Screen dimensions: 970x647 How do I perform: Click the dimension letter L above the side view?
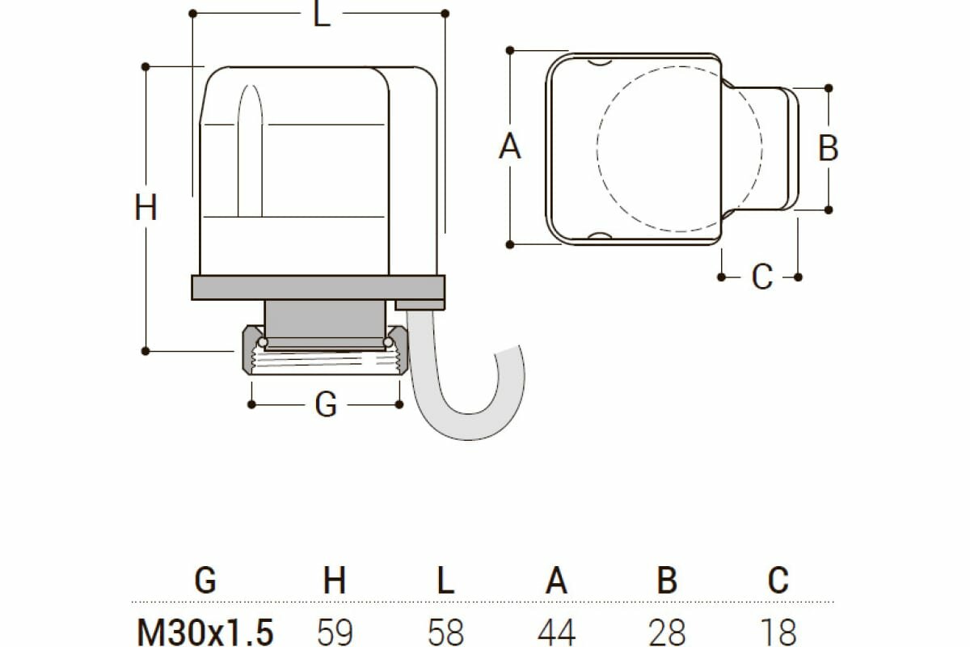(322, 15)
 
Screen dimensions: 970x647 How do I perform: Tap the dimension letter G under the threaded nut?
(325, 404)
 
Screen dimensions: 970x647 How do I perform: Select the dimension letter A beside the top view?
(510, 147)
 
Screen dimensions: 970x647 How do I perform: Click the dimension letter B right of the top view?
(828, 148)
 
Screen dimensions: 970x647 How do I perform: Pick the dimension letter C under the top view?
(761, 277)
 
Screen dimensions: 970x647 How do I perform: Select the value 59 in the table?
(334, 631)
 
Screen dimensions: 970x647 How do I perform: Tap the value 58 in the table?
(445, 631)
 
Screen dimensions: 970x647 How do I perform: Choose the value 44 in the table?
(556, 631)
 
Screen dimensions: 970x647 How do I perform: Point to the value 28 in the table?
(667, 631)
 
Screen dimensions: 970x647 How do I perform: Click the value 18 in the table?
(777, 631)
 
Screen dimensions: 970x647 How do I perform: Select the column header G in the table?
(206, 580)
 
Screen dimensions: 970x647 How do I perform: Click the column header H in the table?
(334, 580)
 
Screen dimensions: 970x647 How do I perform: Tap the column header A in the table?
(556, 580)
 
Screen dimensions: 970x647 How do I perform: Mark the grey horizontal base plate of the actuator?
(317, 288)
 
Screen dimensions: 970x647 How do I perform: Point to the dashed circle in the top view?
(679, 145)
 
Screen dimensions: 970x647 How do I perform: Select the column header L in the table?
(445, 580)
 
